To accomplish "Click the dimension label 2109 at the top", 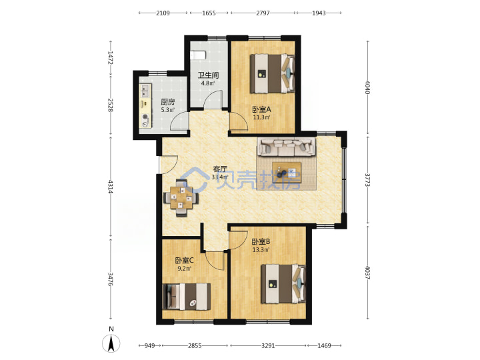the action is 163,13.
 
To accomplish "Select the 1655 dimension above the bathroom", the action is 209,13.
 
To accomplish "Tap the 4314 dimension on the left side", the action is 111,187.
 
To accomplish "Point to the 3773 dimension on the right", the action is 367,180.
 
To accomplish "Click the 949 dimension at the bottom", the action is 149,345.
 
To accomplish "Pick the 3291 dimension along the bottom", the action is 268,345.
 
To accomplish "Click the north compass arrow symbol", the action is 111,343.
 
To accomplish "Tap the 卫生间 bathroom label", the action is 208,75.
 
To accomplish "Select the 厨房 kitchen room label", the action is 168,102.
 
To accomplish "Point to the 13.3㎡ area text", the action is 261,249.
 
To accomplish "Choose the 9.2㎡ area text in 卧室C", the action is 184,269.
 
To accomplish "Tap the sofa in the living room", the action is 287,146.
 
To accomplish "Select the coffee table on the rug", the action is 287,173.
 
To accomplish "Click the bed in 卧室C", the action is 187,297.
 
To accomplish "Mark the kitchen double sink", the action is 145,91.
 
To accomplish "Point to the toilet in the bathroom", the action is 198,55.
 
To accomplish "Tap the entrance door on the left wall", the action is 169,165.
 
